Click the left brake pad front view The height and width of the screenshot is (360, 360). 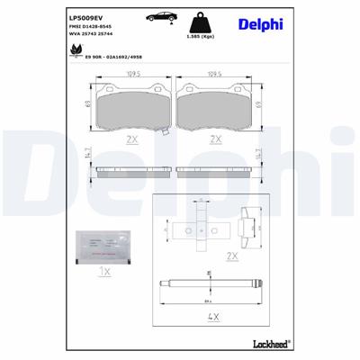click(130, 109)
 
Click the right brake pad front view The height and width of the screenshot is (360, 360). click(216, 109)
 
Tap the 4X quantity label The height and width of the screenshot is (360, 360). click(215, 319)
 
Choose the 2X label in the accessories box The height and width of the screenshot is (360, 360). click(232, 256)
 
